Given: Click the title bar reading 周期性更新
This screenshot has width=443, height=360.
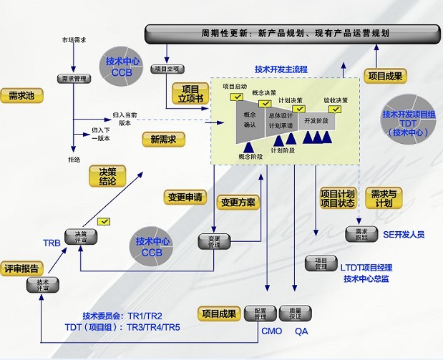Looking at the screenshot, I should click(294, 33).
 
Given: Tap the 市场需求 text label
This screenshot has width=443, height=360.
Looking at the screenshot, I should click(74, 40).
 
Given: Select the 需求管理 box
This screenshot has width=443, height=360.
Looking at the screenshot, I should click(74, 79).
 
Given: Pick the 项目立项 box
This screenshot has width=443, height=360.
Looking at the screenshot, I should click(168, 69).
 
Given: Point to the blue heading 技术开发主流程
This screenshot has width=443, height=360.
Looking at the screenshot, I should click(281, 69).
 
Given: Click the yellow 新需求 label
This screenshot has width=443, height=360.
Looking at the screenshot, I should click(163, 140).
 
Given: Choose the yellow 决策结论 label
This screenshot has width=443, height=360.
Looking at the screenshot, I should click(107, 176).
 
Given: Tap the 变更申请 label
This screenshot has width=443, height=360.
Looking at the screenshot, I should click(185, 197).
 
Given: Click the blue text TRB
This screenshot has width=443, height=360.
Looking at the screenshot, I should click(52, 243).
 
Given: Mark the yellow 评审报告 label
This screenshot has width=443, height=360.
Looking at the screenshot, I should click(21, 268).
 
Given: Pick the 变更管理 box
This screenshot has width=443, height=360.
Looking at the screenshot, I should click(213, 241).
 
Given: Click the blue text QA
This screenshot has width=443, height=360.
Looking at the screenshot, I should click(301, 331).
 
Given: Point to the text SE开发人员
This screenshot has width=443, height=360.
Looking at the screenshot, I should click(403, 234).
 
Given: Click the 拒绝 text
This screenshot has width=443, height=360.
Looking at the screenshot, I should click(74, 158).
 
